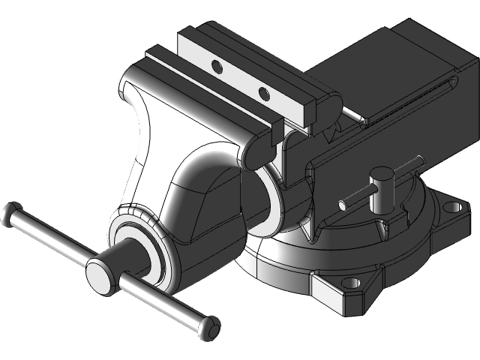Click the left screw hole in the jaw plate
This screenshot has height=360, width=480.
(x=218, y=67)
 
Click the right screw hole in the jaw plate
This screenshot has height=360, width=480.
(x=263, y=94)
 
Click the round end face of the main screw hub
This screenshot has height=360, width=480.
(x=100, y=275)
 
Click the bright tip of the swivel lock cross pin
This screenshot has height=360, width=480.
(x=343, y=203)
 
